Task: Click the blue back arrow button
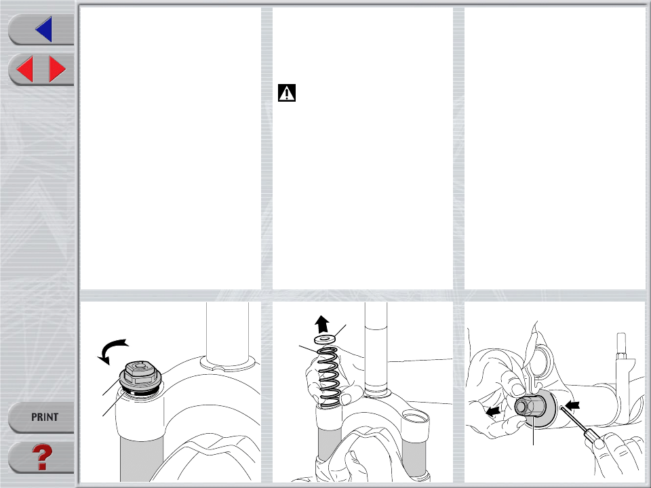click(x=44, y=29)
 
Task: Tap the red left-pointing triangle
click(x=25, y=69)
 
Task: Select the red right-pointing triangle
click(x=57, y=69)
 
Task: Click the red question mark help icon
click(x=42, y=457)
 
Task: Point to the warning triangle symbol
click(x=287, y=93)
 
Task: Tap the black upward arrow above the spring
click(x=321, y=324)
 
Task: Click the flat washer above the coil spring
click(x=325, y=340)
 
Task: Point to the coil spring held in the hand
click(x=330, y=376)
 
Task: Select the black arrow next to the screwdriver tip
click(x=572, y=405)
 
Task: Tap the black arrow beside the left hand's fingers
click(x=493, y=411)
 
